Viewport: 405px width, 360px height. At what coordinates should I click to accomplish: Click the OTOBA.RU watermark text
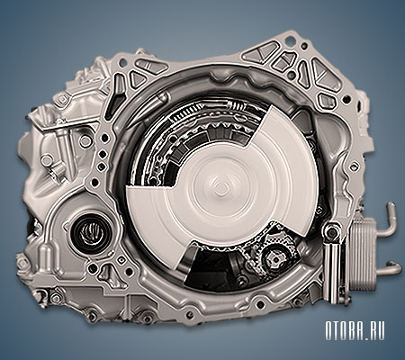(355, 330)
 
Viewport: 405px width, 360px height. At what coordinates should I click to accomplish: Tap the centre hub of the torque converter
(222, 186)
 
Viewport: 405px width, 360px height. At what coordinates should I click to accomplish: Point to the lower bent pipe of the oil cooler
(390, 269)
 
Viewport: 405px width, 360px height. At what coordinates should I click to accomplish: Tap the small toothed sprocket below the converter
(274, 257)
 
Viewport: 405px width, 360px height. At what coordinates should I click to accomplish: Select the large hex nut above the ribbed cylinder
(332, 231)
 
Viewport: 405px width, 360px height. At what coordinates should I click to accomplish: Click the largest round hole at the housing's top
(291, 39)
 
